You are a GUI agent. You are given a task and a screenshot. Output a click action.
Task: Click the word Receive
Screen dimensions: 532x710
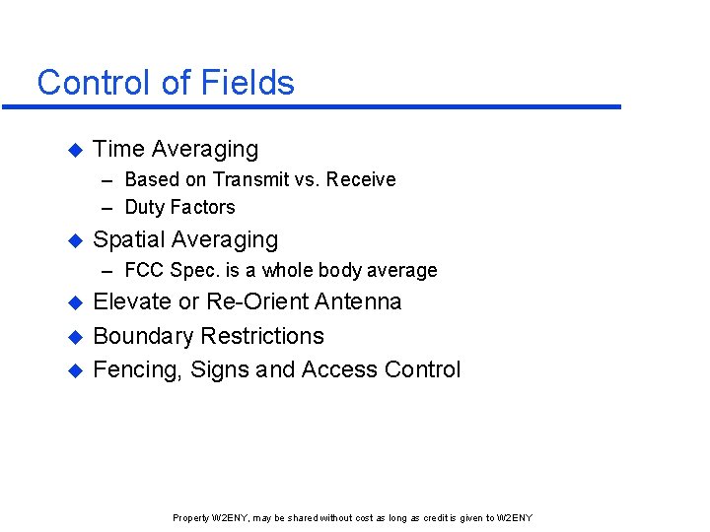click(x=361, y=180)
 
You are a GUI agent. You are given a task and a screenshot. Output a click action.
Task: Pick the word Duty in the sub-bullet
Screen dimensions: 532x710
click(x=144, y=208)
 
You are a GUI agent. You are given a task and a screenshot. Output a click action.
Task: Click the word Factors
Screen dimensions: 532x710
click(x=201, y=208)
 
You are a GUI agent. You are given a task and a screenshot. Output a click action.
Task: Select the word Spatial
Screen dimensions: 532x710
click(x=129, y=240)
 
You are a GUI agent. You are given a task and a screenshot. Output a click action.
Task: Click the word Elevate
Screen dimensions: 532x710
click(x=132, y=302)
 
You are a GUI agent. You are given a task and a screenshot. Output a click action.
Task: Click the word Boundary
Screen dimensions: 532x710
click(x=143, y=337)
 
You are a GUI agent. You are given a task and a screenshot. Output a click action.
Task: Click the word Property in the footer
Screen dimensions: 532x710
click(x=190, y=518)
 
